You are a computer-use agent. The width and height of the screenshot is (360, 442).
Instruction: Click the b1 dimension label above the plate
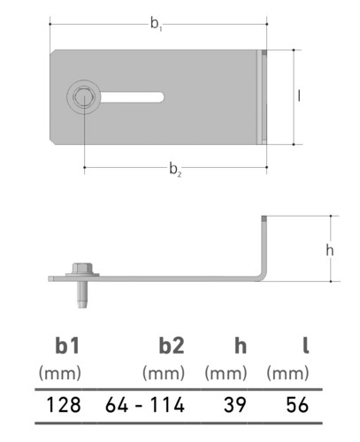tap(157, 24)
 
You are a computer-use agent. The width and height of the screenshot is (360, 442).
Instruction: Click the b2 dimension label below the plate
tap(175, 170)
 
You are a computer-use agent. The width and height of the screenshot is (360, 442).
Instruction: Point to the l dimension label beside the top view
tap(299, 95)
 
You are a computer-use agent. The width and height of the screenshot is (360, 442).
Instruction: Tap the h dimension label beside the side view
tap(330, 250)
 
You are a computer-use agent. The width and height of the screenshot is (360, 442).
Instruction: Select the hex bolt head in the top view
tap(84, 97)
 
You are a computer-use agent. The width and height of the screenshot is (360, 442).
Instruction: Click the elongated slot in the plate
tap(132, 97)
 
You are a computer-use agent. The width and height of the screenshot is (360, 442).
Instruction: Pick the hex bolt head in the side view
tap(82, 268)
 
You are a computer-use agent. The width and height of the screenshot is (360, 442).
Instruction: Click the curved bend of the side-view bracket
tap(262, 276)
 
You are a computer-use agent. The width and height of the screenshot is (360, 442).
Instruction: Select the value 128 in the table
tap(64, 405)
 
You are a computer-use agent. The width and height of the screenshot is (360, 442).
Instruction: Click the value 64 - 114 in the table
tap(145, 405)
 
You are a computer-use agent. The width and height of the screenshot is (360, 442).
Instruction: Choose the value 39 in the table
tap(235, 405)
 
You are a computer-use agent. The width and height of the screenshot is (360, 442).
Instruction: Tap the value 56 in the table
tap(297, 405)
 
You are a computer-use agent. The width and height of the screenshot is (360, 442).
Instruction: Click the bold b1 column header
tap(67, 346)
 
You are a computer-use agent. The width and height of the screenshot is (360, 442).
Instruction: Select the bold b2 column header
tap(172, 346)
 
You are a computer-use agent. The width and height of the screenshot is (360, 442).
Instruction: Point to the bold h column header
tap(241, 346)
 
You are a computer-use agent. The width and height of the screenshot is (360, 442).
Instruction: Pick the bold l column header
tap(306, 346)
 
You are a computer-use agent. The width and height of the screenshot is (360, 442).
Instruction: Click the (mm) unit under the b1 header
tap(60, 373)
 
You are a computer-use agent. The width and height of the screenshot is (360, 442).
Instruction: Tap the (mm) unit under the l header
tap(287, 373)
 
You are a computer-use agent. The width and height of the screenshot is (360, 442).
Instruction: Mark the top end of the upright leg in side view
tap(264, 216)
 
